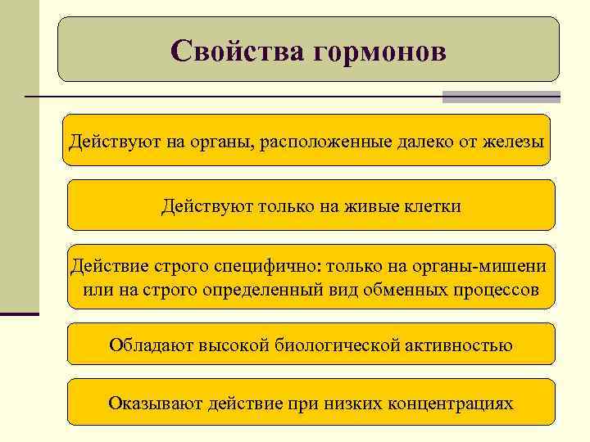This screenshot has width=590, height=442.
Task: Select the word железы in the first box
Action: coord(514,142)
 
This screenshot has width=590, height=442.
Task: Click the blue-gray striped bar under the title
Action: coord(501,97)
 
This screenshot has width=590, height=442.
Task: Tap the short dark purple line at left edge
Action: coord(20,313)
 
